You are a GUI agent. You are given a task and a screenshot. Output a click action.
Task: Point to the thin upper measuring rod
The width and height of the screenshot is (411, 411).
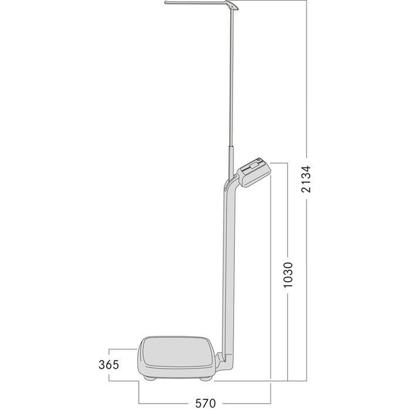click(232, 70)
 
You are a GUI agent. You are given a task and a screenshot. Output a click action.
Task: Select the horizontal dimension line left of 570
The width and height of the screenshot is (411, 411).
click(164, 403)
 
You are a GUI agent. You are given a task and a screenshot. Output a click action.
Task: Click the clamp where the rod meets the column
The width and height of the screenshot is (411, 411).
click(226, 187)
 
